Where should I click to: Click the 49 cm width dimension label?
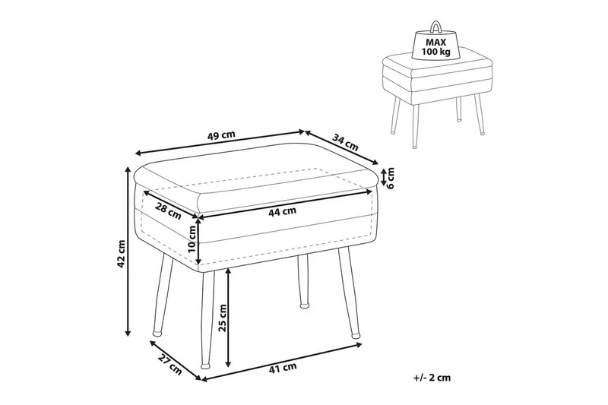click(x=221, y=136)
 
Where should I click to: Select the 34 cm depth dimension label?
click(x=346, y=142)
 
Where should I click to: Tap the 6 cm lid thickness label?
click(x=391, y=178)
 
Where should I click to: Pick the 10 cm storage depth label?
click(x=192, y=239)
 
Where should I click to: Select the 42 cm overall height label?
click(x=121, y=254)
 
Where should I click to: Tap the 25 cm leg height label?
click(x=223, y=318)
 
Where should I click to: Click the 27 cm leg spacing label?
click(x=169, y=365)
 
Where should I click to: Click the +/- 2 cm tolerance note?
click(x=432, y=378)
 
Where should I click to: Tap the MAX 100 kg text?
click(x=436, y=46)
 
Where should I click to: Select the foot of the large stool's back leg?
click(x=306, y=305)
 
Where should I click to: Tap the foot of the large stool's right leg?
click(x=355, y=334)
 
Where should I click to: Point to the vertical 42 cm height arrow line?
click(x=128, y=252)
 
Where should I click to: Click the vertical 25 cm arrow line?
click(x=229, y=318)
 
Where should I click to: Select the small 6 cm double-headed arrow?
click(x=383, y=177)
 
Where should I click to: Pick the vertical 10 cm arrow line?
click(x=198, y=241)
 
